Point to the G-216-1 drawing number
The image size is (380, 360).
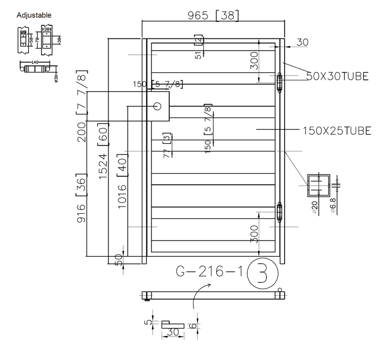pyautogui.click(x=209, y=272)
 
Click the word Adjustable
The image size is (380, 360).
pyautogui.click(x=34, y=15)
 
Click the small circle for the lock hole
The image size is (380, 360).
pyautogui.click(x=158, y=106)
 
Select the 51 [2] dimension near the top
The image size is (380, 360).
pyautogui.click(x=199, y=47)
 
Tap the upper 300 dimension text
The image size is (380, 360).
pyautogui.click(x=254, y=61)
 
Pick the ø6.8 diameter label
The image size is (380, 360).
pyautogui.click(x=333, y=206)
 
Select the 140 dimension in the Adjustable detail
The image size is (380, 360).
pyautogui.click(x=35, y=62)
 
